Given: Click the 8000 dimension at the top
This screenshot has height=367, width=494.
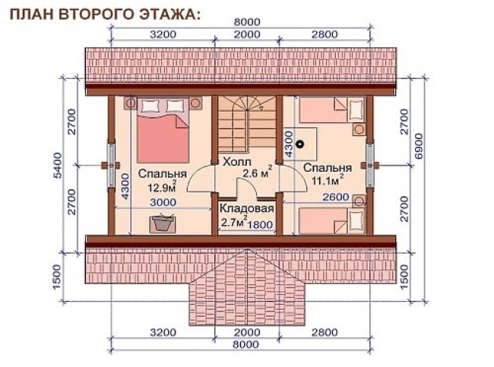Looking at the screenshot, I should pos(242,22).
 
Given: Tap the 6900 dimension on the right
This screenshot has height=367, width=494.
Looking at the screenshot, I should pos(419,163).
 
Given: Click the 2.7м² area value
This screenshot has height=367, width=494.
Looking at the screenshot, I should pos(233,223).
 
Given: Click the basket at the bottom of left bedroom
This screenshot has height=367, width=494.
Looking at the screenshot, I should pos(161,223).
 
